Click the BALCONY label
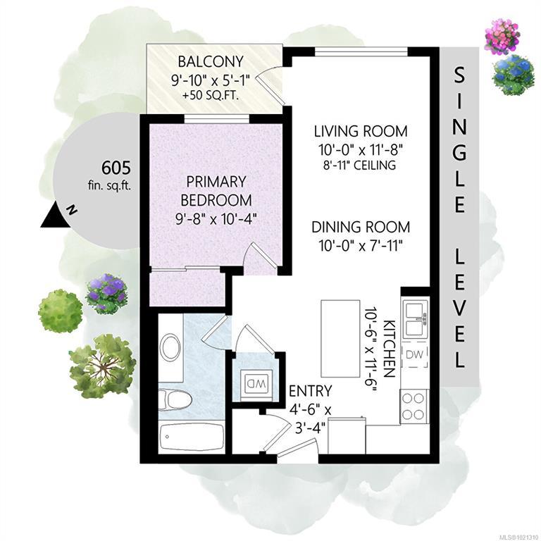click(211, 61)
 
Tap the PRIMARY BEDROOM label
click(216, 191)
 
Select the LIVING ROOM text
click(361, 132)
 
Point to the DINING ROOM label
click(361, 227)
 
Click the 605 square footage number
click(116, 168)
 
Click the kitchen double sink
click(415, 319)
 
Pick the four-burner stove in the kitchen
click(414, 406)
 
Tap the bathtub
click(192, 436)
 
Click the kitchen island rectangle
click(340, 339)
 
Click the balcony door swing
click(270, 85)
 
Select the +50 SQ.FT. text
click(211, 96)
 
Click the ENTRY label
click(310, 391)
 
